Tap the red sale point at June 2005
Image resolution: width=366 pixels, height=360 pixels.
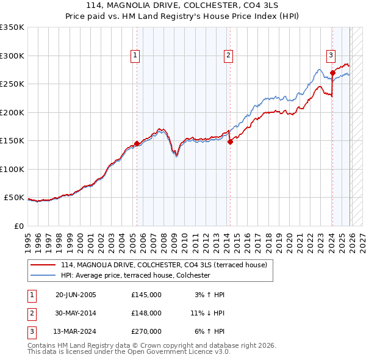pyautogui.click(x=137, y=144)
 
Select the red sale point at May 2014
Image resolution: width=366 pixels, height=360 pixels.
pyautogui.click(x=230, y=142)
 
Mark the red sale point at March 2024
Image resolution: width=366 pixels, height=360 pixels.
pyautogui.click(x=332, y=73)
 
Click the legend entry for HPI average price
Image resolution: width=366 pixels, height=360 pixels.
pyautogui.click(x=135, y=276)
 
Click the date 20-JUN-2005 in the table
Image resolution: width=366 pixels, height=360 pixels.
pyautogui.click(x=76, y=295)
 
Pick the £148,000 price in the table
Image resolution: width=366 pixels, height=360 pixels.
pyautogui.click(x=146, y=313)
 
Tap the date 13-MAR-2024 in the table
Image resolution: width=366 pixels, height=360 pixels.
pyautogui.click(x=76, y=331)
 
